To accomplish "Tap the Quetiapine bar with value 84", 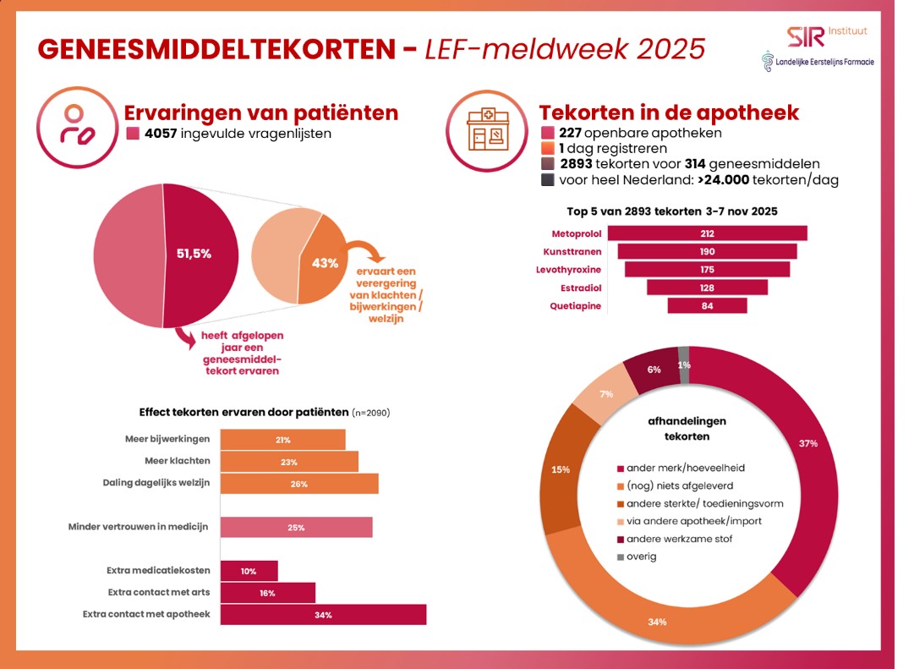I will [x=707, y=305].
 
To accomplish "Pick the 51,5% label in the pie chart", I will [x=194, y=253].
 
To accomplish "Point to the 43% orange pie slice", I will [x=320, y=263].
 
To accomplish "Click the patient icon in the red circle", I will [x=74, y=123].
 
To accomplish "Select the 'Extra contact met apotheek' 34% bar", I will [x=323, y=614].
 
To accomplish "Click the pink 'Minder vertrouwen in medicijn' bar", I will [x=296, y=527].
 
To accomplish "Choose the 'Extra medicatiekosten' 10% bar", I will [x=249, y=571].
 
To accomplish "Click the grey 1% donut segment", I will [x=684, y=365].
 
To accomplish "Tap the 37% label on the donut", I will [x=807, y=443].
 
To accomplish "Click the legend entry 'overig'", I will [x=641, y=557].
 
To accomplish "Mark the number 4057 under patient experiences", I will [x=161, y=134].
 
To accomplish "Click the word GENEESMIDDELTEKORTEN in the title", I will [x=216, y=48].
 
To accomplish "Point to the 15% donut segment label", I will [x=560, y=469].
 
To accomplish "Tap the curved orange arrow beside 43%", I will [x=365, y=252].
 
